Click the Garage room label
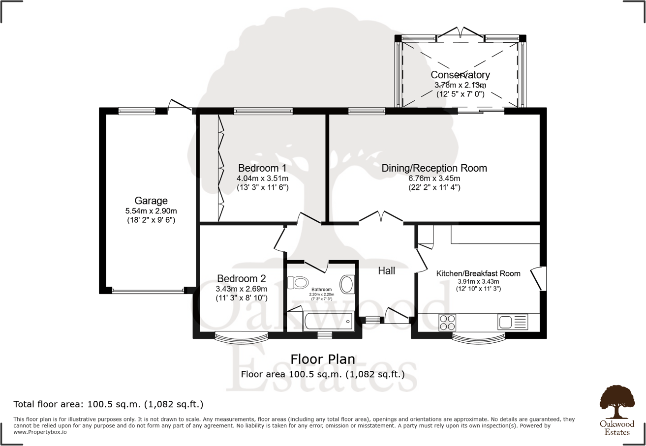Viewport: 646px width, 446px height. tap(151, 201)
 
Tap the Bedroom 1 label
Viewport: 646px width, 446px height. tap(262, 167)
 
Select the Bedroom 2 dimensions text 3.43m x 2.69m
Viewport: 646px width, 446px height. tap(242, 289)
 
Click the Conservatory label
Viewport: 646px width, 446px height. tap(460, 75)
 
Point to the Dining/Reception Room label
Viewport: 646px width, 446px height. tap(434, 168)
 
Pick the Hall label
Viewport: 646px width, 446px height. tap(386, 270)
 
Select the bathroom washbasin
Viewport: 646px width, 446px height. tap(347, 284)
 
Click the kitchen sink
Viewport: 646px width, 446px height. tap(512, 322)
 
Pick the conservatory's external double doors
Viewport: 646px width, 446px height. tap(460, 33)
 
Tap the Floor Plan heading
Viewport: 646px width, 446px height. tap(322, 359)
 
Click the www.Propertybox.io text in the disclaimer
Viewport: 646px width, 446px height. tap(40, 432)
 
